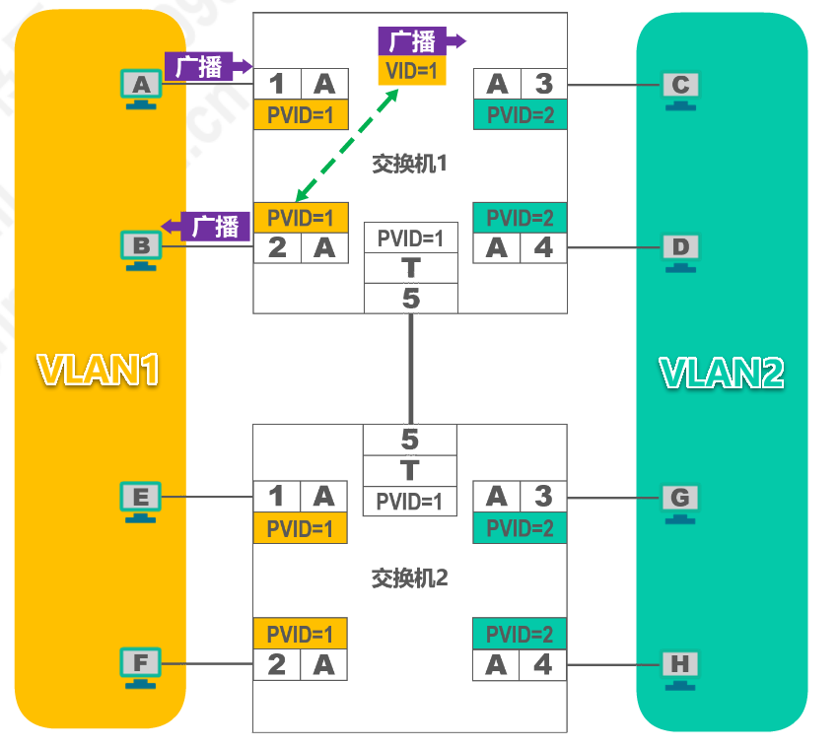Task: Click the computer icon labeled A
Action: click(141, 88)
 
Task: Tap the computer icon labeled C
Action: click(680, 88)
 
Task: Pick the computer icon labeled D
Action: click(680, 248)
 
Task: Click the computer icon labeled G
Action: click(679, 500)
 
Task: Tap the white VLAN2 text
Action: click(722, 372)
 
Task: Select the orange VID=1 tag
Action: click(412, 71)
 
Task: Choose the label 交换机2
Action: click(409, 578)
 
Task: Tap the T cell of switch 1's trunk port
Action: click(411, 267)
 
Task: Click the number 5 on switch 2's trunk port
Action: click(410, 440)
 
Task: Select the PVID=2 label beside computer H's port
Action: click(520, 634)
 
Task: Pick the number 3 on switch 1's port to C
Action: click(543, 84)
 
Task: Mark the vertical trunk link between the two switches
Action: click(411, 368)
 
